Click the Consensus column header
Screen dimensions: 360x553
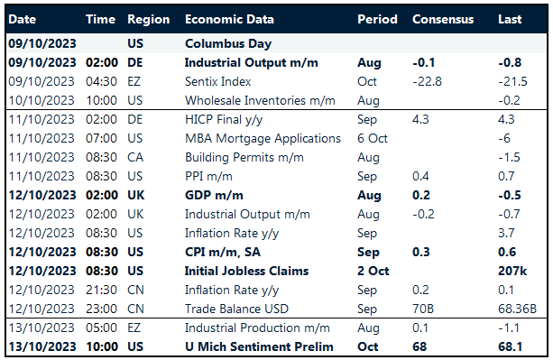[x=442, y=19]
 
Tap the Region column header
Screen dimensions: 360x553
[x=148, y=19]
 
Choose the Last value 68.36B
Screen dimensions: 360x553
[x=517, y=309]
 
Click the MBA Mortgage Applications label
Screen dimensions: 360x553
[x=263, y=138]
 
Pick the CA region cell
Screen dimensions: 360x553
[x=136, y=157]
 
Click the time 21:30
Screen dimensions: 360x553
[x=101, y=290]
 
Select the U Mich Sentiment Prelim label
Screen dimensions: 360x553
[x=259, y=346]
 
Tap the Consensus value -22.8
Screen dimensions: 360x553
[x=428, y=81]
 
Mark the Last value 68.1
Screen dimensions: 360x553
[x=512, y=346]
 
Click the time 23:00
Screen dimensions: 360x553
[x=101, y=309]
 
